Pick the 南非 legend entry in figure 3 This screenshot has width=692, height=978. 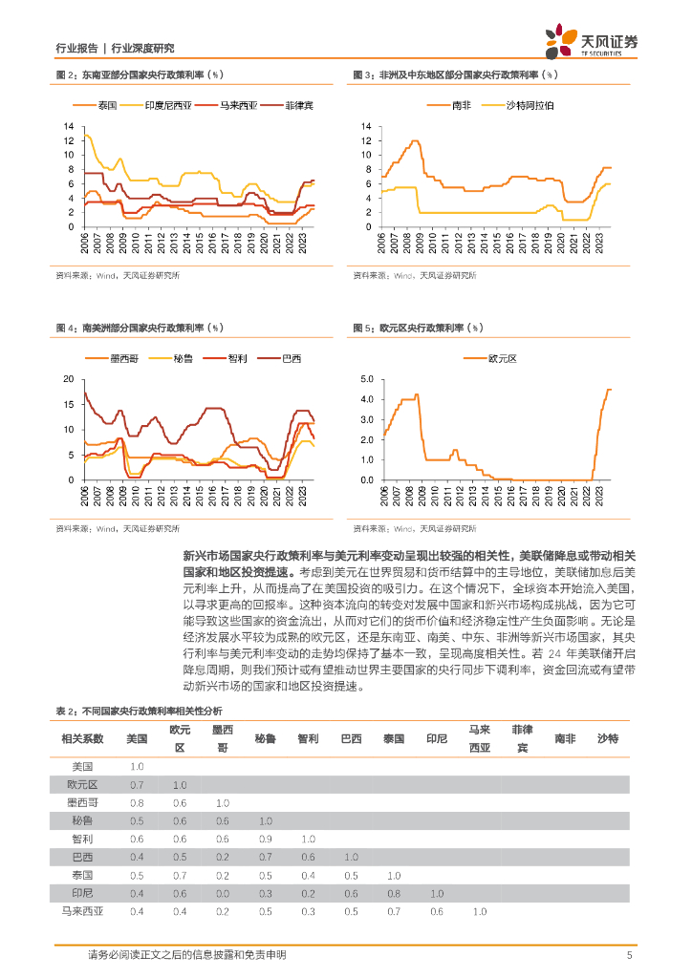coord(461,104)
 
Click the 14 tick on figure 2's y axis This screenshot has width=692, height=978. coord(70,126)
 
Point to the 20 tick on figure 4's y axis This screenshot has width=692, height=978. coord(68,379)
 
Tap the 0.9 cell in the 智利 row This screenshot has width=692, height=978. coord(265,839)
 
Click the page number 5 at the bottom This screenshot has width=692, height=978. coord(629,955)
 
